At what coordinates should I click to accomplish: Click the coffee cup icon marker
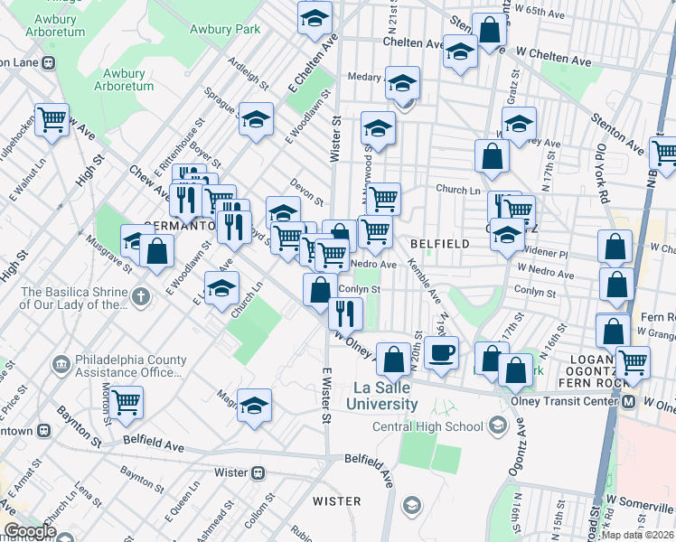(x=441, y=352)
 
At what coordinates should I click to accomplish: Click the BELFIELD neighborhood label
(x=439, y=244)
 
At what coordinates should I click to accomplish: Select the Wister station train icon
(x=259, y=472)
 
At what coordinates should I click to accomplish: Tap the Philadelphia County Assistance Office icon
(x=61, y=365)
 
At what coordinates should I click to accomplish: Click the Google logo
(x=29, y=531)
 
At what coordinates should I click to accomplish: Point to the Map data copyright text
(x=637, y=535)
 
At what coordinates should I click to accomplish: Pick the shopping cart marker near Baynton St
(x=126, y=400)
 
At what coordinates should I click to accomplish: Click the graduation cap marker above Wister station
(x=255, y=406)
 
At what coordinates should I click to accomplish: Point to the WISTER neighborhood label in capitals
(x=336, y=500)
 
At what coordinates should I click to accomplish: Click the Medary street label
(x=365, y=77)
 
